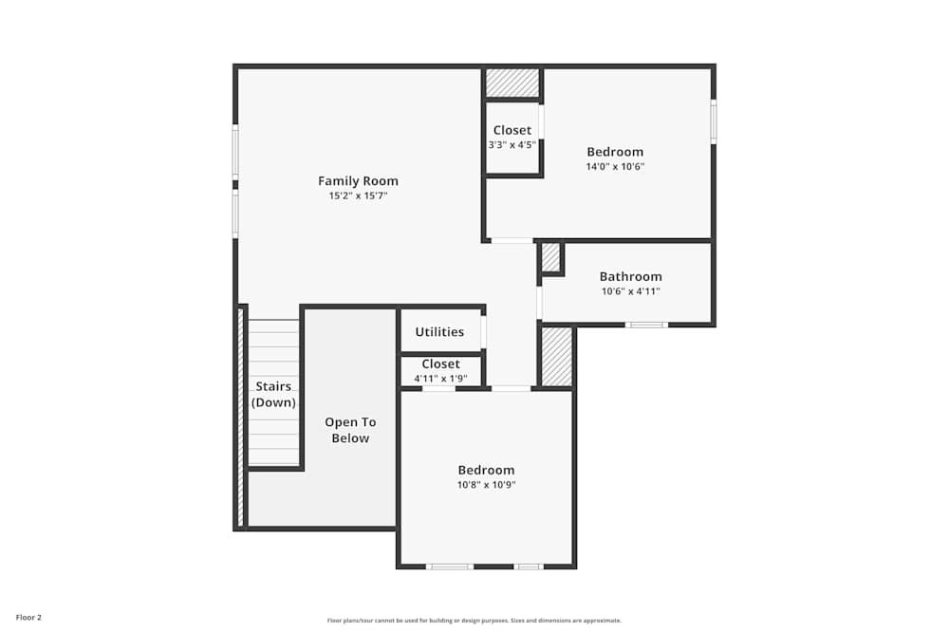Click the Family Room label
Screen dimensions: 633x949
click(x=358, y=181)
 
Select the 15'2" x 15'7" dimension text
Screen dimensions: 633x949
click(x=358, y=195)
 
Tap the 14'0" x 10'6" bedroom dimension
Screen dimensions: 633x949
click(x=615, y=166)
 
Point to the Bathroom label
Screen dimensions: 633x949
click(x=630, y=277)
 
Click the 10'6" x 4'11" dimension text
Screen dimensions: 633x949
click(x=630, y=291)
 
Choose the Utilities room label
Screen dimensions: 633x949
click(x=439, y=332)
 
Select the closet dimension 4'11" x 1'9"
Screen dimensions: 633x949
click(x=440, y=379)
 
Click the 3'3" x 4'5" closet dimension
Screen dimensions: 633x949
click(x=512, y=145)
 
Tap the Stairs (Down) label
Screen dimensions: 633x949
click(x=273, y=395)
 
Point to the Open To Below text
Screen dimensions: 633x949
click(x=350, y=431)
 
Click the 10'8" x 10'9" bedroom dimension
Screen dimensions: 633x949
click(x=486, y=485)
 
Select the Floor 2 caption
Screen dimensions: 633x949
click(x=28, y=617)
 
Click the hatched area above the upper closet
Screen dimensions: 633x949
click(x=512, y=83)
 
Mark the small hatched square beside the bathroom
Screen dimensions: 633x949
click(x=550, y=257)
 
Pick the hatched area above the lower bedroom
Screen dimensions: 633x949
click(x=557, y=357)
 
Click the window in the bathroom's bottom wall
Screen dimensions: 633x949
click(x=646, y=325)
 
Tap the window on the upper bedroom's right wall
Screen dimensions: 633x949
click(x=713, y=122)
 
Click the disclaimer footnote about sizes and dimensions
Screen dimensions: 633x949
click(x=474, y=621)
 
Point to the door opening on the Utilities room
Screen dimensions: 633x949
click(x=483, y=332)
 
